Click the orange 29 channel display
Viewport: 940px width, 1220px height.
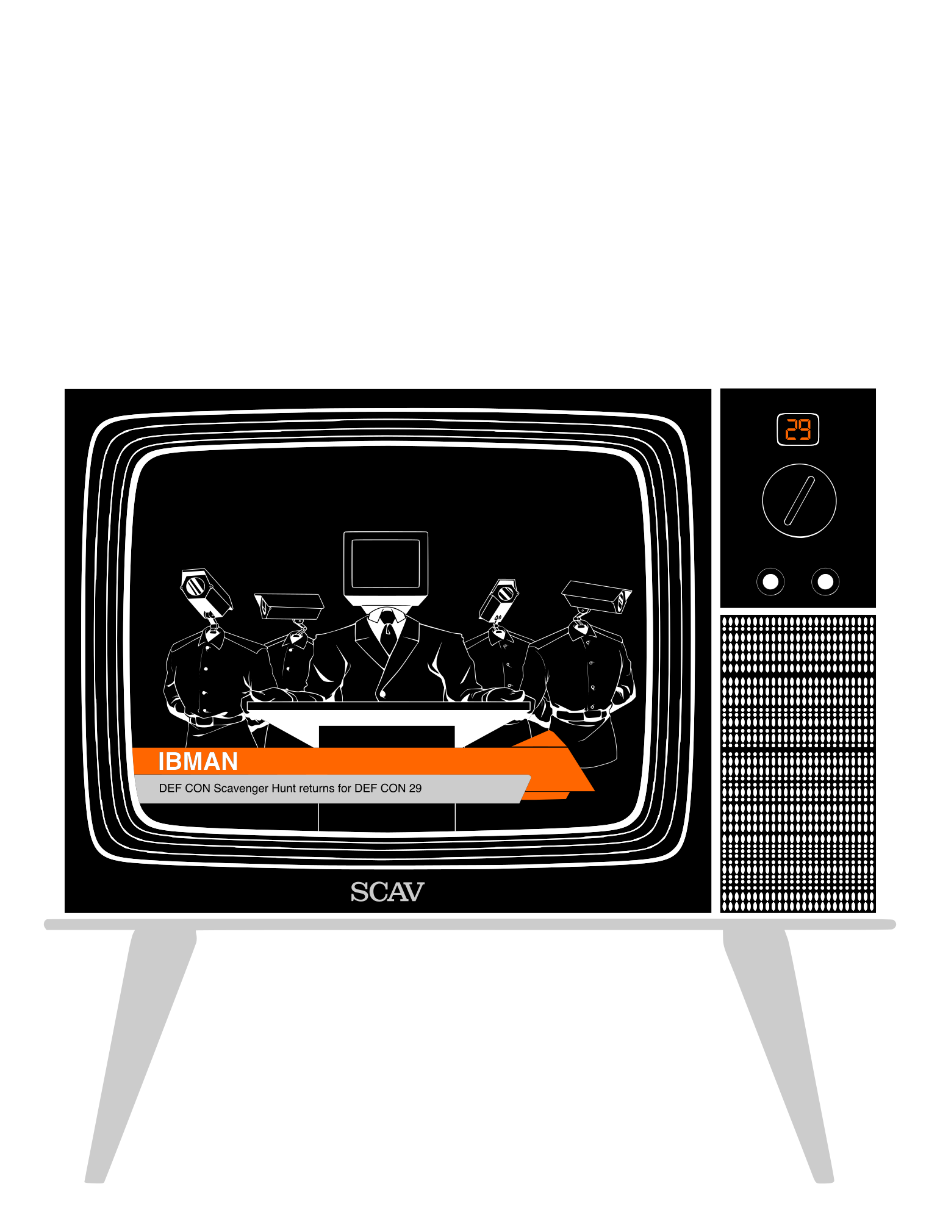point(797,429)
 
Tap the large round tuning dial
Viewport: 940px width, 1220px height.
point(799,501)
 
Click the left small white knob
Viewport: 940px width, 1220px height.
point(770,581)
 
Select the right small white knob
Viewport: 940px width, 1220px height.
point(825,581)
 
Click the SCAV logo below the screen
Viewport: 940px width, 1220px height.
point(387,892)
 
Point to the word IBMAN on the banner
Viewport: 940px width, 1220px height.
point(198,761)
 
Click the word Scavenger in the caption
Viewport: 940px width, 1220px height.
point(241,788)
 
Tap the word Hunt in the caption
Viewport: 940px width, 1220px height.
point(284,788)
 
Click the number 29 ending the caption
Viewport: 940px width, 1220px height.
point(415,788)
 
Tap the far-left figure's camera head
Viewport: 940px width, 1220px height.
point(206,594)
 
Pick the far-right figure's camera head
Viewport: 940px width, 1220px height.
point(596,597)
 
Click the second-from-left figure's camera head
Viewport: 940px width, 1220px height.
point(289,606)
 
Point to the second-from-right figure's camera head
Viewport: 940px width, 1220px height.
point(499,600)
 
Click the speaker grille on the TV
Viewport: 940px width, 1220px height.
point(798,764)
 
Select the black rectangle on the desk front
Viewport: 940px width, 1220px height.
point(387,737)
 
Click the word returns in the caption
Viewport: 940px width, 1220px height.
point(317,788)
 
